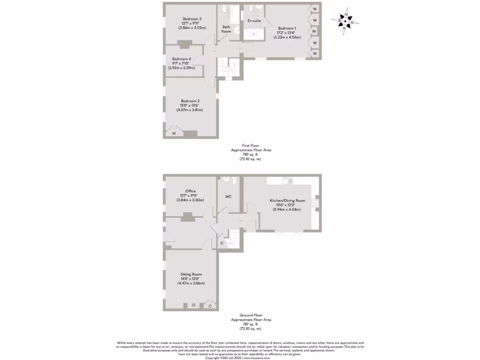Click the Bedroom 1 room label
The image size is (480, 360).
(287, 28)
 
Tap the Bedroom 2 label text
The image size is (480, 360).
(190, 101)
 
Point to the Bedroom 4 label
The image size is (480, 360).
(181, 59)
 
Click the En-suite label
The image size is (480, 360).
(254, 21)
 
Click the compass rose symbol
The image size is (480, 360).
(345, 22)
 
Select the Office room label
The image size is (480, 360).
(190, 191)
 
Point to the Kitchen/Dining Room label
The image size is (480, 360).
(287, 201)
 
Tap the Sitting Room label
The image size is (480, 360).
(191, 274)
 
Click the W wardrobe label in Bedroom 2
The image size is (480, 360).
(174, 134)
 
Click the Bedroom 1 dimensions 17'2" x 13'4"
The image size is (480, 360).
(287, 32)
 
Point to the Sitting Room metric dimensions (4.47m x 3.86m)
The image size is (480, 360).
(191, 284)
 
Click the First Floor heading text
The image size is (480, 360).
(251, 146)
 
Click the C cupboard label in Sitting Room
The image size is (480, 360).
(210, 306)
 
